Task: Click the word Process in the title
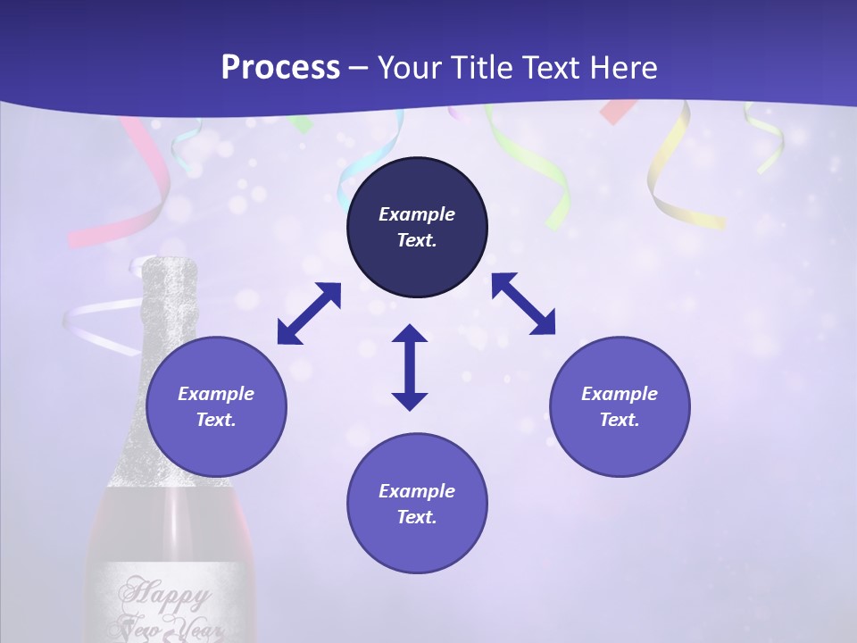(x=280, y=68)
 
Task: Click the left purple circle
(x=216, y=447)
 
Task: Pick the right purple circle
(x=620, y=447)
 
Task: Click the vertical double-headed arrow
(x=410, y=367)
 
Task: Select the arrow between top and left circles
(x=309, y=313)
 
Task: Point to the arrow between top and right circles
(x=523, y=304)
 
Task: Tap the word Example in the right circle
(x=620, y=394)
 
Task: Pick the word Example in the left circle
(x=216, y=394)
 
